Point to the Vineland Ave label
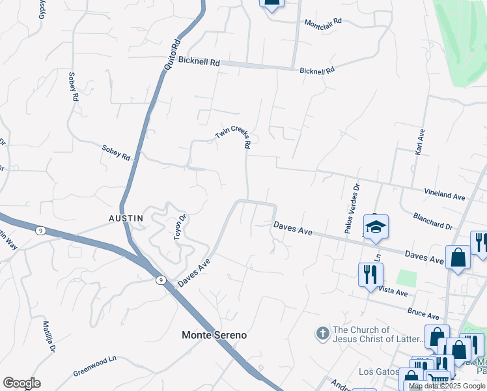point(445,195)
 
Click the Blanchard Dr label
point(433,221)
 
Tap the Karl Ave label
point(420,141)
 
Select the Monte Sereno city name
point(214,335)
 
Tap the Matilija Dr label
point(48,336)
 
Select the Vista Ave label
point(393,289)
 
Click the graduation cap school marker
point(376,227)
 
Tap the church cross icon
point(322,334)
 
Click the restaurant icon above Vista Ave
point(370,274)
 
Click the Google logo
point(21,383)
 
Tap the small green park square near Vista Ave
point(406,278)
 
